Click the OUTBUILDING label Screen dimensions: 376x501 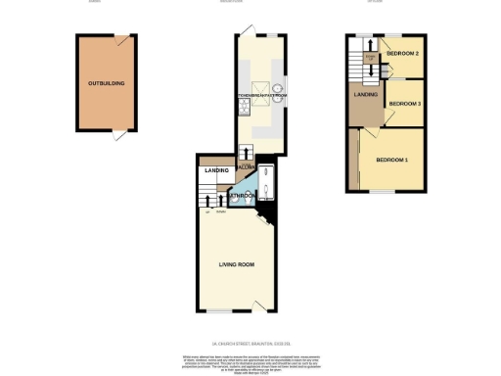[106, 84]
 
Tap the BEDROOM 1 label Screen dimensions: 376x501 [392, 159]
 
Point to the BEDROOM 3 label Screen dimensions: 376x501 [404, 103]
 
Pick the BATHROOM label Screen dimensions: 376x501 [245, 196]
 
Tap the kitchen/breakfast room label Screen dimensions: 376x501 [259, 95]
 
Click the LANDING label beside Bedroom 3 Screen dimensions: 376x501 [367, 95]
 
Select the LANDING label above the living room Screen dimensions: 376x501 [215, 171]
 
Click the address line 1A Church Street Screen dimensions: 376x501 [250, 344]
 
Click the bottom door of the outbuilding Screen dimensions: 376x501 [119, 135]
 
